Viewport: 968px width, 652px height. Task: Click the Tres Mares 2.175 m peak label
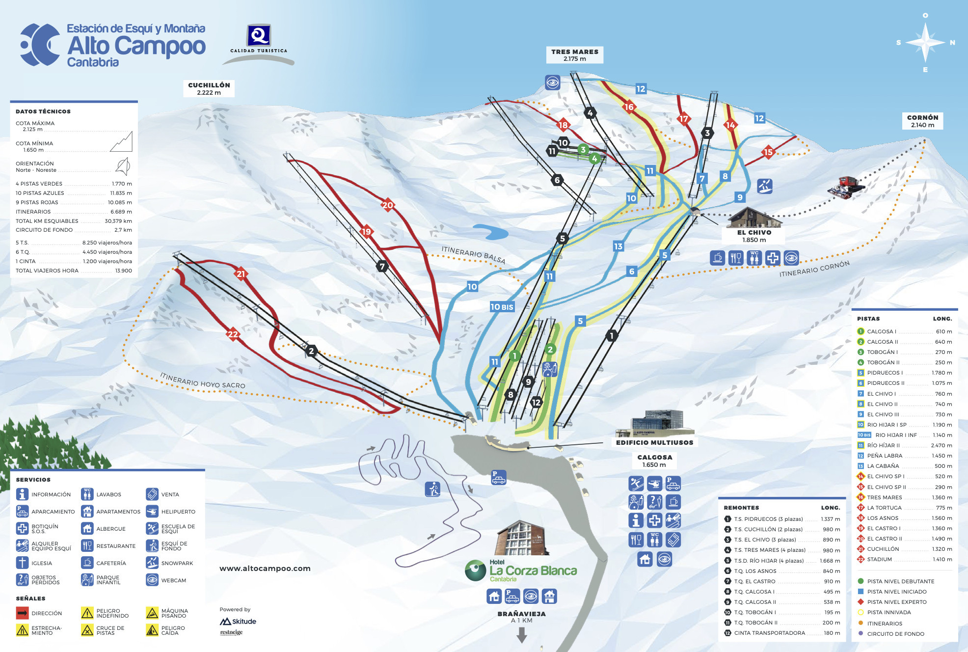(574, 55)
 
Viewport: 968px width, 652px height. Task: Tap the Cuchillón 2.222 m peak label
(209, 88)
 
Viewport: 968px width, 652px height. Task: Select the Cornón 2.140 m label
(922, 121)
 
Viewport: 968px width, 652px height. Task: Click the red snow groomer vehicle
(846, 187)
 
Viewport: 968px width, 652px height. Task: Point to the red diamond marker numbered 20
(388, 205)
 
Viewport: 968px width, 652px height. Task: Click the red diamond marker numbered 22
(233, 334)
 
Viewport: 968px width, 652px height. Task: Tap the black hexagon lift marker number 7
(382, 267)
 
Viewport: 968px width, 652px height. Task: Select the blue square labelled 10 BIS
(502, 307)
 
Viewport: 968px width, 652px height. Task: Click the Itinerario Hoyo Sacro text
(202, 380)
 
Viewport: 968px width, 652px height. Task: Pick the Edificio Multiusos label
(654, 442)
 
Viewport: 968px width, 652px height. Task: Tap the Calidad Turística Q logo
(259, 37)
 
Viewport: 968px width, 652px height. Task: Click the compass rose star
(925, 42)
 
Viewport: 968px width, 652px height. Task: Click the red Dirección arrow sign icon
(22, 613)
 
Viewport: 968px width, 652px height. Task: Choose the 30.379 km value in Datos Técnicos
(118, 221)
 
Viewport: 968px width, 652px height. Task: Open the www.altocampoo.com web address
(265, 569)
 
